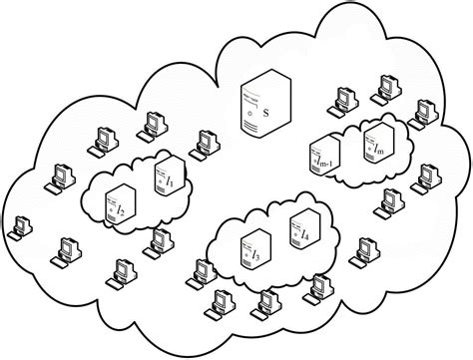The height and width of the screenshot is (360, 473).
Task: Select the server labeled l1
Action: coord(164,179)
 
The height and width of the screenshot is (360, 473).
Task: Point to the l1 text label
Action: coord(170,182)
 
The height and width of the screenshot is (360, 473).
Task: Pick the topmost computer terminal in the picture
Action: coord(348,98)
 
